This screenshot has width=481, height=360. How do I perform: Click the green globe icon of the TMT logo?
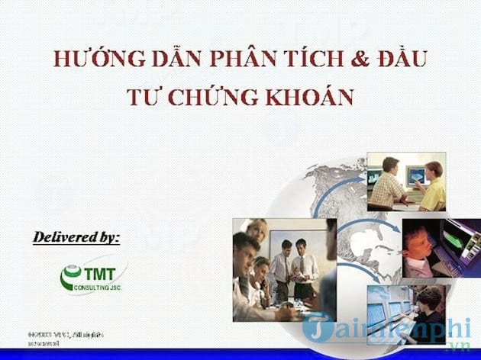click(71, 278)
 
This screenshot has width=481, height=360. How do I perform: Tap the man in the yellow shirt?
click(433, 186)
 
